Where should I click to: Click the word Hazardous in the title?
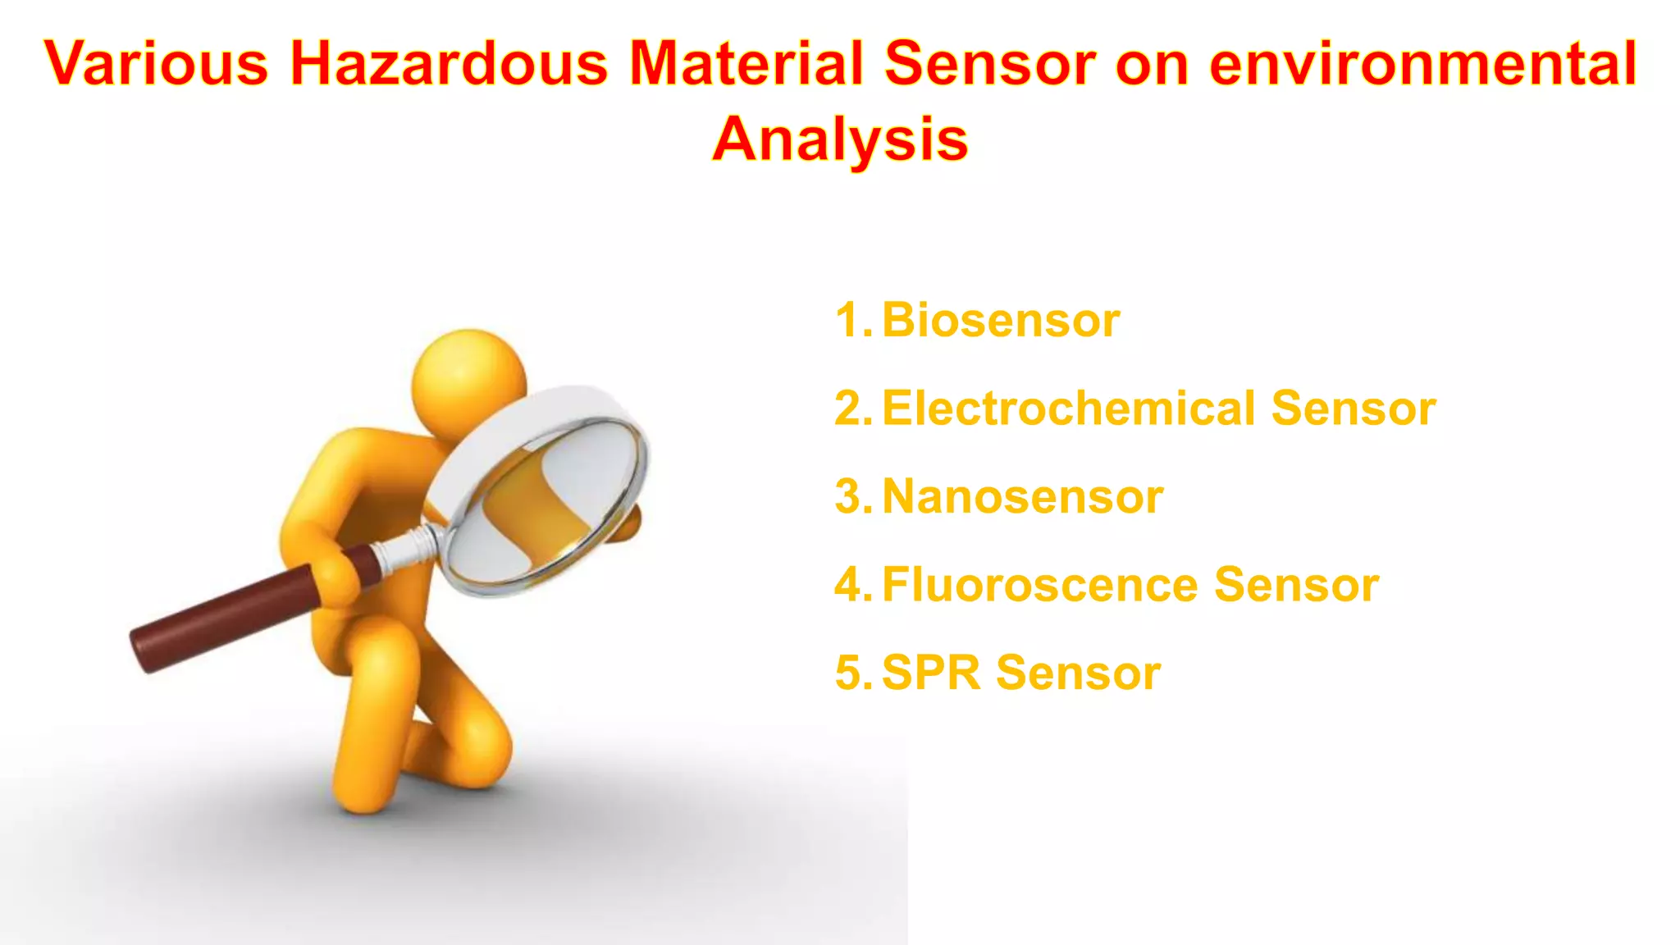coord(449,63)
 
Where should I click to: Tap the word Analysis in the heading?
coord(840,139)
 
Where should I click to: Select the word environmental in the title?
coord(1423,63)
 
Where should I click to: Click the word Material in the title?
coord(746,63)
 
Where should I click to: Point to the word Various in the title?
coord(156,63)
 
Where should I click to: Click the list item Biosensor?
coord(1001,320)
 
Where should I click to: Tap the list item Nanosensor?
coord(1023,497)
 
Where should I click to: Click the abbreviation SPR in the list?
coord(931,673)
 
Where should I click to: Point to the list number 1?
coord(849,320)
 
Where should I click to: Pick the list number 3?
coord(850,497)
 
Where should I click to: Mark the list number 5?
coord(850,673)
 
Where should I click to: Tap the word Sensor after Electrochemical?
coord(1354,409)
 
